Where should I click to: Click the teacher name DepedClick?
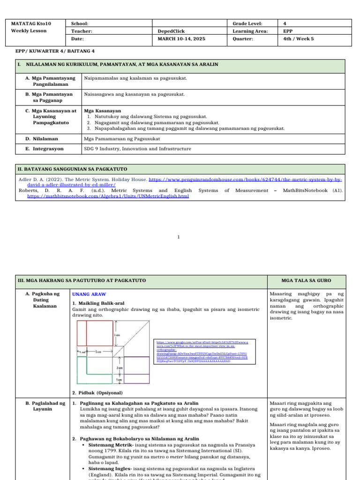[170, 31]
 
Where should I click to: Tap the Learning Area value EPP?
[288, 31]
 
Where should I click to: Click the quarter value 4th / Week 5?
[299, 39]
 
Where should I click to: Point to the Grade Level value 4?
[285, 23]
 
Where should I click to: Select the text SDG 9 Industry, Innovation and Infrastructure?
[137, 149]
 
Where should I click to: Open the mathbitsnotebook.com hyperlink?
[108, 196]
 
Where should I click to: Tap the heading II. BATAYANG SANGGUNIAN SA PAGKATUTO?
[72, 168]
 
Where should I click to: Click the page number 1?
[180, 237]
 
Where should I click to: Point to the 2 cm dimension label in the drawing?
[120, 368]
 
